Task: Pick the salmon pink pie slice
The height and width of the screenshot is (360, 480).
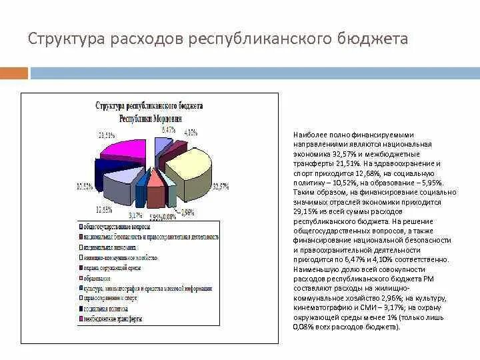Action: (x=155, y=178)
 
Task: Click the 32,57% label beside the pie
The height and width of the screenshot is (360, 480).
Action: (x=221, y=187)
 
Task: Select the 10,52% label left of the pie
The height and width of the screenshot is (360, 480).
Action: (x=85, y=186)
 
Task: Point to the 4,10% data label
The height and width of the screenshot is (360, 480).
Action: (x=191, y=133)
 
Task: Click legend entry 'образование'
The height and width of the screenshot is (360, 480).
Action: (x=98, y=277)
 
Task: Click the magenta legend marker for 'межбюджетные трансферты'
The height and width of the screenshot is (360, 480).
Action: (x=79, y=319)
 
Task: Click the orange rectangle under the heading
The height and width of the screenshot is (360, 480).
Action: (x=14, y=73)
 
